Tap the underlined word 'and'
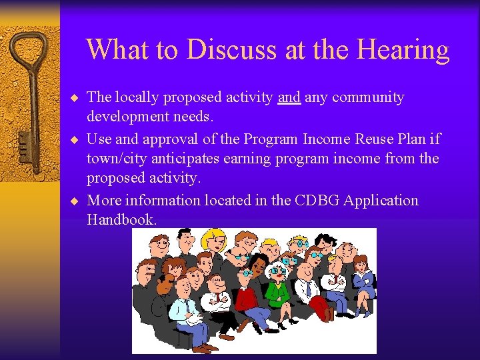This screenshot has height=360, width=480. coord(289,97)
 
